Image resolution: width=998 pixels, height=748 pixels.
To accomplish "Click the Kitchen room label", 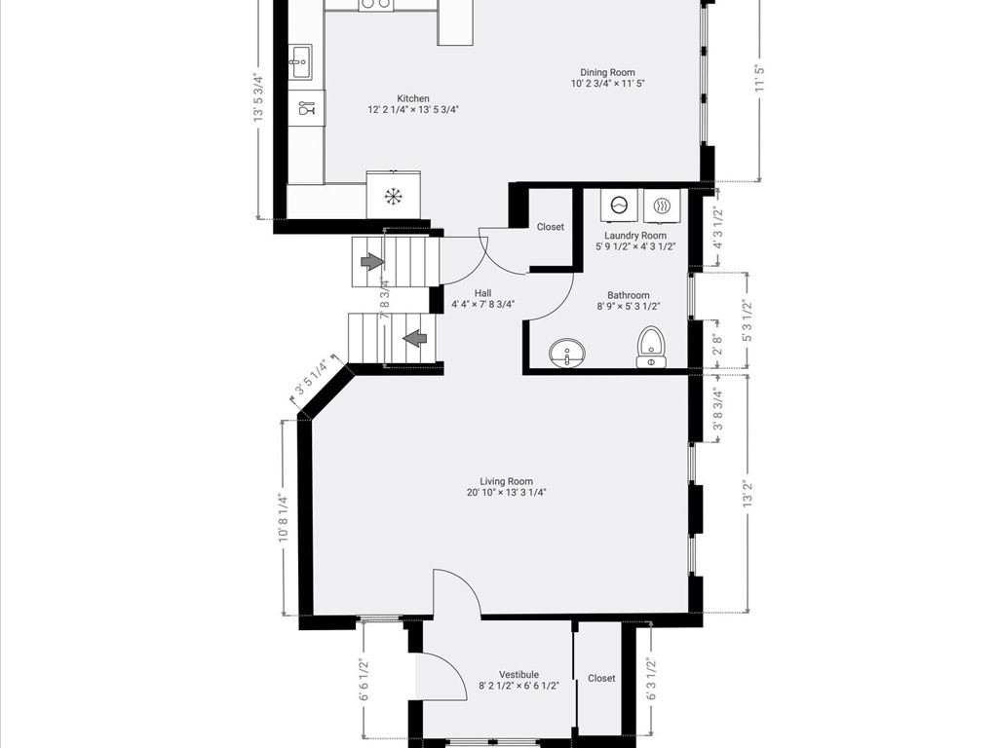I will click(412, 98).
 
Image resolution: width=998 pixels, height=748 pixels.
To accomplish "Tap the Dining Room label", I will click(607, 72).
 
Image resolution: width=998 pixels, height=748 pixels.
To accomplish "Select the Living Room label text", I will click(506, 481).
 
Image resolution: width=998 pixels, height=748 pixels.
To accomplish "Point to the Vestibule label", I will click(518, 675).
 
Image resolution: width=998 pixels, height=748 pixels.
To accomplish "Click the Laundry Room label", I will click(634, 236).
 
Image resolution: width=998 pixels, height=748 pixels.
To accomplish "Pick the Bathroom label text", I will click(628, 295).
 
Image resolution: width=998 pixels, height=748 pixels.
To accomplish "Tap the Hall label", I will click(482, 293).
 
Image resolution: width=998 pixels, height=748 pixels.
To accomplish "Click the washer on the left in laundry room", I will click(619, 206).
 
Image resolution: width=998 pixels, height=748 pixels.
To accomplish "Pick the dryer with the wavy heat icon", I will click(663, 206).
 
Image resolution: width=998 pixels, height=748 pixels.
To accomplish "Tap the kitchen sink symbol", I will click(301, 60).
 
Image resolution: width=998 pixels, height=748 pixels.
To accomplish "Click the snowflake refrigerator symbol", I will click(393, 197).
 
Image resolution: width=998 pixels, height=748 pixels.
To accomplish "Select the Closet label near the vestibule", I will click(601, 678).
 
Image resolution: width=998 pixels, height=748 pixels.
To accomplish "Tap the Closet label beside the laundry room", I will click(550, 227).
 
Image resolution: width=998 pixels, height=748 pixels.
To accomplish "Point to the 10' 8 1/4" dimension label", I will click(284, 517).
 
